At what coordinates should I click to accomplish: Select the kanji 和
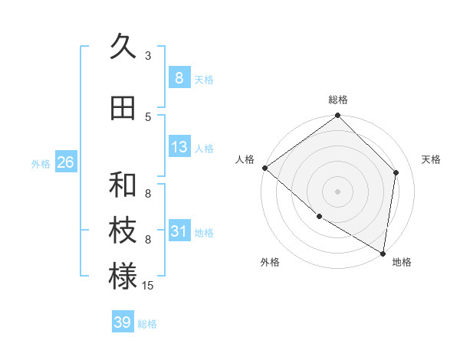(123, 185)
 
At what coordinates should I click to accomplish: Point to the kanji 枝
(123, 231)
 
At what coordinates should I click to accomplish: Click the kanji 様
(123, 277)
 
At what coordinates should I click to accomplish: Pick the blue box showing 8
(179, 78)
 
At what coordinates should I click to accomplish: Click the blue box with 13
(179, 147)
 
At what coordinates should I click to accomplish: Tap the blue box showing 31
(179, 231)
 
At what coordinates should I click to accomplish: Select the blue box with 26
(65, 162)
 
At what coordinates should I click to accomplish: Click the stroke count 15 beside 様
(149, 286)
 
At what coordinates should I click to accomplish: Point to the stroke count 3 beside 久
(148, 56)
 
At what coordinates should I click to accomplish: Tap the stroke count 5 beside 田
(148, 117)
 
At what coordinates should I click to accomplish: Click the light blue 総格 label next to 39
(147, 324)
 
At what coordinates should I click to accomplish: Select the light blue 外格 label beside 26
(41, 163)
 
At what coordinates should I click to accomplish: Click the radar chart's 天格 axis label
(431, 159)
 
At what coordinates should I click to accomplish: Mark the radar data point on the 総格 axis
(337, 116)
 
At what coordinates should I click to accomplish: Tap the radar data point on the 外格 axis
(319, 216)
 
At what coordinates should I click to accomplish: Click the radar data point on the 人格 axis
(264, 168)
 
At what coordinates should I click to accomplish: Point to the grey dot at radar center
(337, 191)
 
